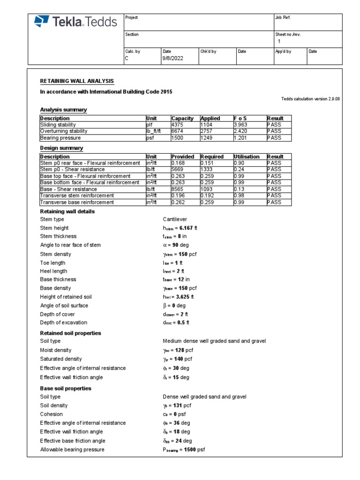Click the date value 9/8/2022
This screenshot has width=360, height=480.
[x=172, y=59]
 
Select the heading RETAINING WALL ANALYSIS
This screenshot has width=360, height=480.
[x=77, y=81]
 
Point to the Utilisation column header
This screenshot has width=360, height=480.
[x=246, y=157]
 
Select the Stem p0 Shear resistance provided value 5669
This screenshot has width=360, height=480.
[x=179, y=169]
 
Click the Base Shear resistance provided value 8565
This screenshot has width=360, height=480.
[x=179, y=189]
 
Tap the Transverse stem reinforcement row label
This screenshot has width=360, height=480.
[x=77, y=195]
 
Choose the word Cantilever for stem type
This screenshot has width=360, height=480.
[x=175, y=219]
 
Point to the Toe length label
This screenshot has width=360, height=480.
[x=52, y=262]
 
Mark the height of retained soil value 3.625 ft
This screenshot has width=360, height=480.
[x=178, y=297]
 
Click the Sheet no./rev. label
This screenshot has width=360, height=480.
[x=287, y=34]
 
